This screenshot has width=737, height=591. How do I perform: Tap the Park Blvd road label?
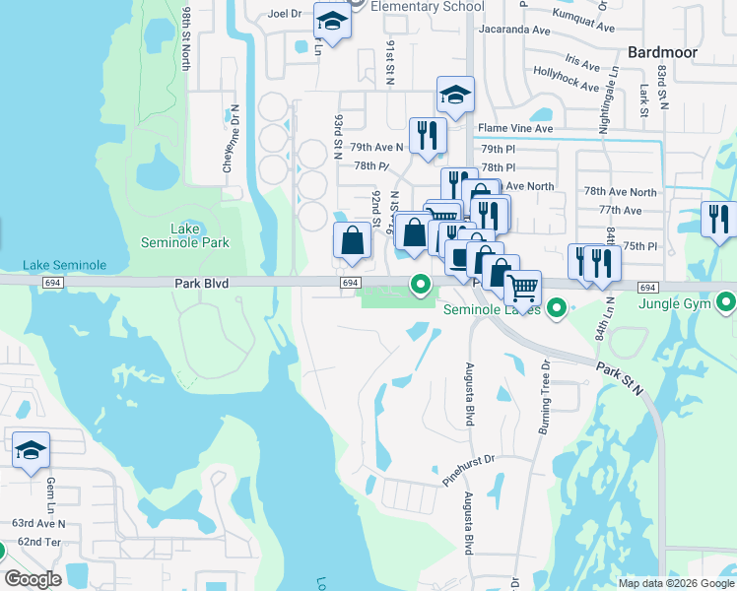[x=201, y=283]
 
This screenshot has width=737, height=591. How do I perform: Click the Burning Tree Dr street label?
[x=543, y=388]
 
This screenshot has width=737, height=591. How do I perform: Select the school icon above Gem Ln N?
[x=31, y=451]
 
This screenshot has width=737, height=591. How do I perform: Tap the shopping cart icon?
[x=523, y=288]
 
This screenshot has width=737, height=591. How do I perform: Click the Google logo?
[x=33, y=579]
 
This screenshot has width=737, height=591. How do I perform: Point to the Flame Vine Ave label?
[x=518, y=128]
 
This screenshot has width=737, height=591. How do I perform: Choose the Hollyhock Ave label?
[x=566, y=79]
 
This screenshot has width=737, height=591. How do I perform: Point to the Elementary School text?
[x=428, y=7]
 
